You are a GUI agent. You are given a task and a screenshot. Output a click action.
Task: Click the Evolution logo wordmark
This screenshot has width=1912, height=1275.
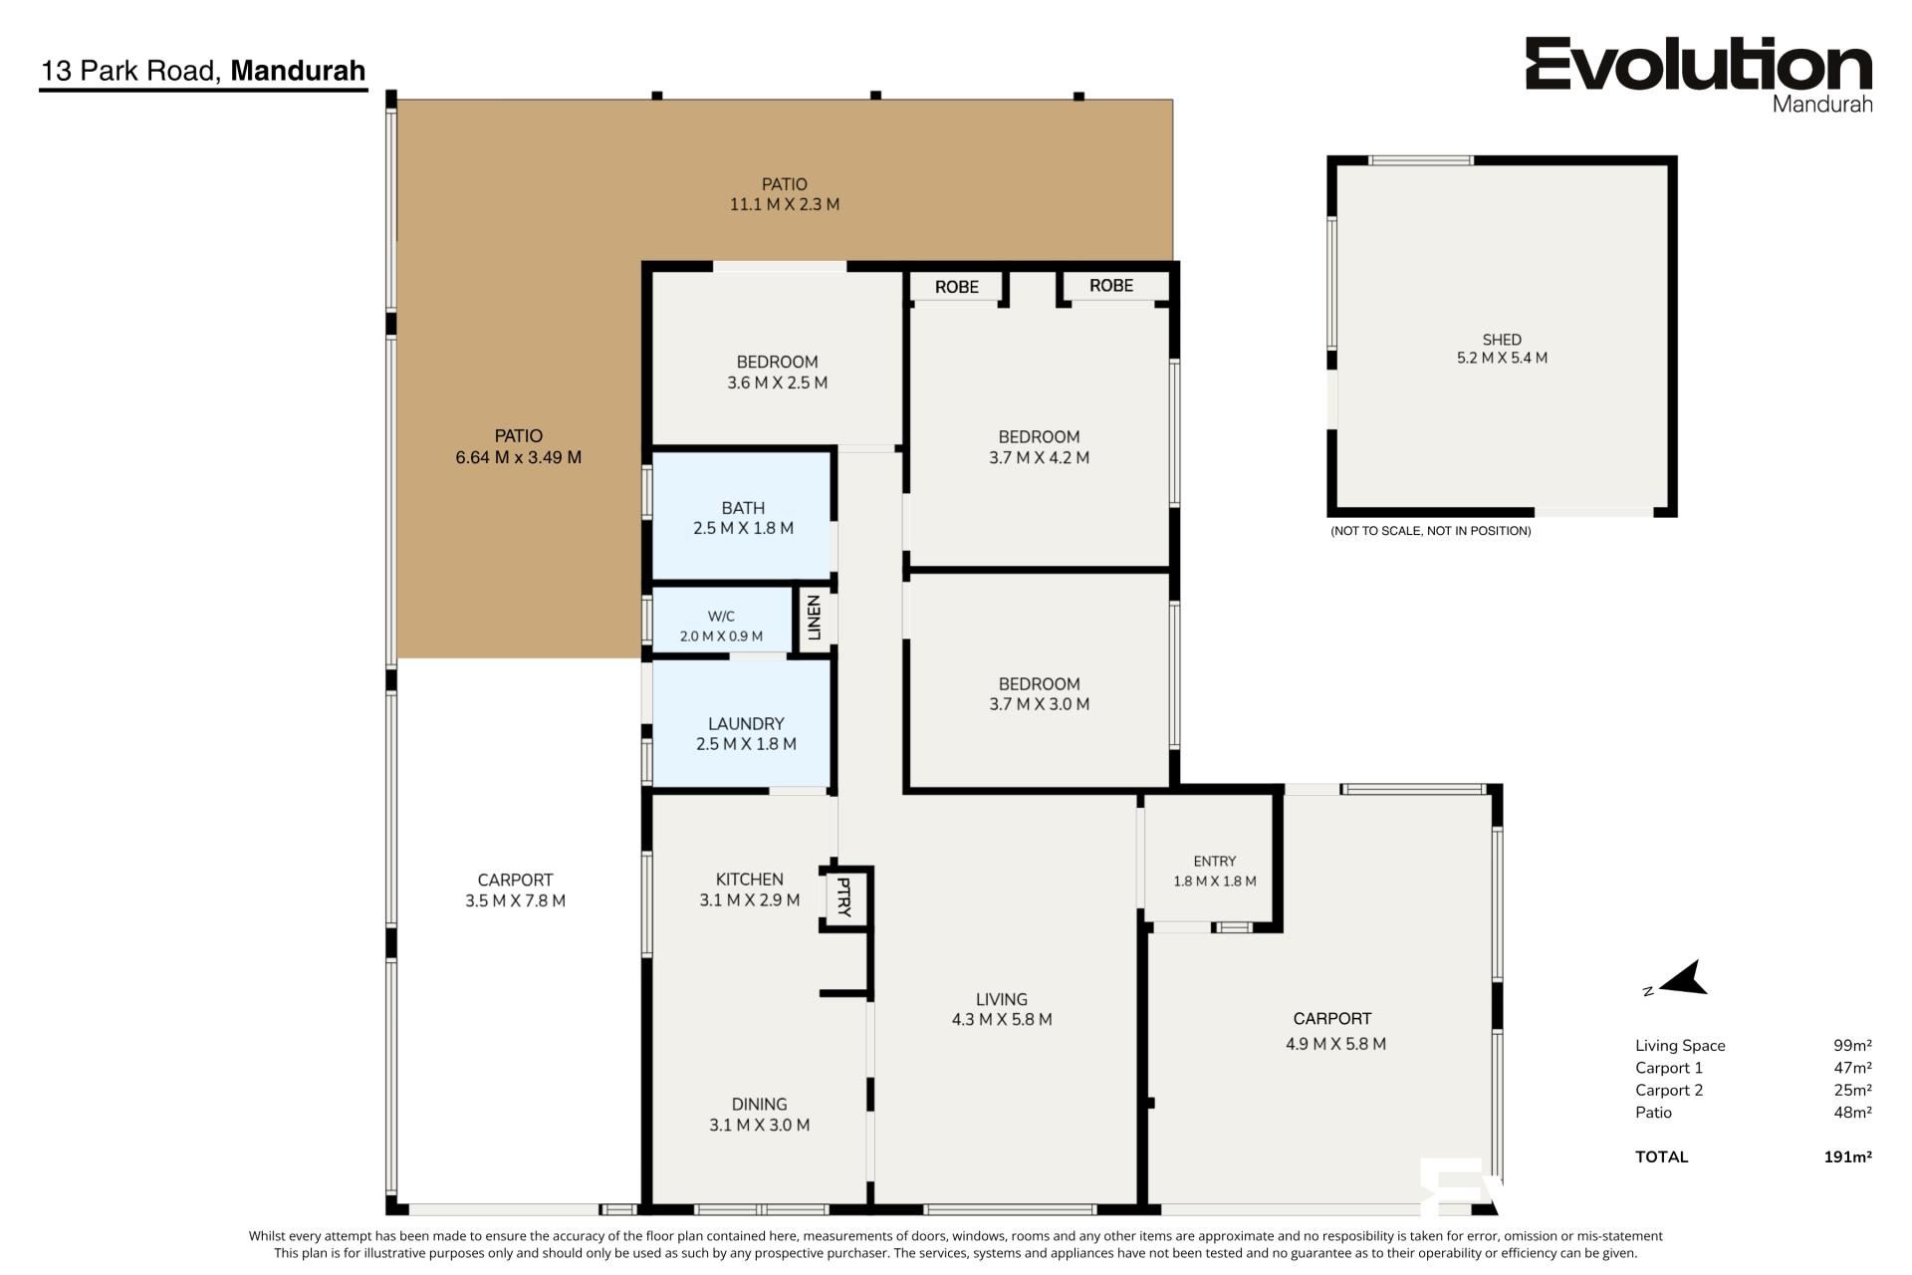pos(1699,66)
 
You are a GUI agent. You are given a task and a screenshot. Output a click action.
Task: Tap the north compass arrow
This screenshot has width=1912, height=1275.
pos(1682,979)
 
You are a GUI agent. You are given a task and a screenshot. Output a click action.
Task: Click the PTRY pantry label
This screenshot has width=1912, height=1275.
pos(843,897)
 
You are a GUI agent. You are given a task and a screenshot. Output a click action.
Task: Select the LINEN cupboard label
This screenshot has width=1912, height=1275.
pos(814,618)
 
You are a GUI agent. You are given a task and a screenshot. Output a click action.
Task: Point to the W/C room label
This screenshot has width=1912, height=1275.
pos(721,617)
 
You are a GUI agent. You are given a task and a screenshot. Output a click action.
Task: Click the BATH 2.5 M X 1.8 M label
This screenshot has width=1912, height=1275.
pos(743,518)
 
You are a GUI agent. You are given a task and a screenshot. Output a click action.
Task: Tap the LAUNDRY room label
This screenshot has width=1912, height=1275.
pos(746,724)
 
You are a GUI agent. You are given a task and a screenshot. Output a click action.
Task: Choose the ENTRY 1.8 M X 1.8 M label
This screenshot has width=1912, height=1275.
pos(1215,871)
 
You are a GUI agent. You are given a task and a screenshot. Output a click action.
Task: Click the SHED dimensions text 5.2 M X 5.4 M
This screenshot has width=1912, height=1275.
pos(1502,358)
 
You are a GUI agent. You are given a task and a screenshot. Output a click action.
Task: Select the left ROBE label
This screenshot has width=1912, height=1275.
pos(957,287)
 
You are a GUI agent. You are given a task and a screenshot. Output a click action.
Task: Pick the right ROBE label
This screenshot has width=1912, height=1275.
pos(1111,286)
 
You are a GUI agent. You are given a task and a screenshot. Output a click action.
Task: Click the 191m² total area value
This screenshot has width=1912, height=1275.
pos(1847,1156)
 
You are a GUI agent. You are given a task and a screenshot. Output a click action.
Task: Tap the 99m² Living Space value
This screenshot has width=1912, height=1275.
pos(1852,1045)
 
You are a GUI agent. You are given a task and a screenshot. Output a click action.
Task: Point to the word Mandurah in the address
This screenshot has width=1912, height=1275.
pos(298,71)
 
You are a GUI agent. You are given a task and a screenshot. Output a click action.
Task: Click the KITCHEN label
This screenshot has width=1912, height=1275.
pos(750,880)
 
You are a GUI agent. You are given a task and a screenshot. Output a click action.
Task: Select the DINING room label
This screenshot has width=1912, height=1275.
pos(760,1104)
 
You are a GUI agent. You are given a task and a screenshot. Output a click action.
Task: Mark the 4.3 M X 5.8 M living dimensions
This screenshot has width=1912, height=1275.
pos(1002,1019)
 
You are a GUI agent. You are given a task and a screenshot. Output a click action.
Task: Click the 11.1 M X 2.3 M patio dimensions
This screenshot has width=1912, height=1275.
pos(785,204)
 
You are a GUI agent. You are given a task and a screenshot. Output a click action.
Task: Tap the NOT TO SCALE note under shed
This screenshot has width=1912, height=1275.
pos(1431,531)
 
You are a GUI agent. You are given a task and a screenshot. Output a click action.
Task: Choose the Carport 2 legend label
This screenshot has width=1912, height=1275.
pos(1669,1090)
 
